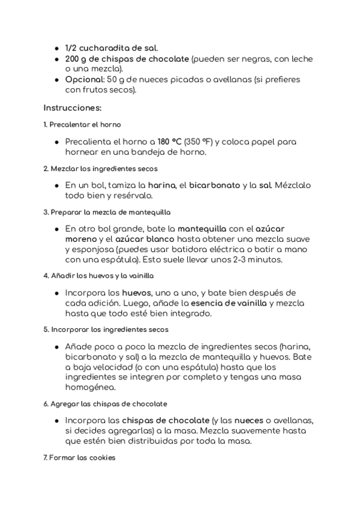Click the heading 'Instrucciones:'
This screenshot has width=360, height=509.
click(x=73, y=108)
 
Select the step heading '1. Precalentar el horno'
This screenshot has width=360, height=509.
click(x=82, y=125)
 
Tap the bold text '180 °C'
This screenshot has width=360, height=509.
click(x=169, y=142)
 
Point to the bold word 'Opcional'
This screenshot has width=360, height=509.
click(x=84, y=80)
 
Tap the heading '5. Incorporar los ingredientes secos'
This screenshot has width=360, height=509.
click(x=106, y=330)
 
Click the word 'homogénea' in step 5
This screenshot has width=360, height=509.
click(x=89, y=387)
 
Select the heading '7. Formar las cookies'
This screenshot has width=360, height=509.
click(x=79, y=458)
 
